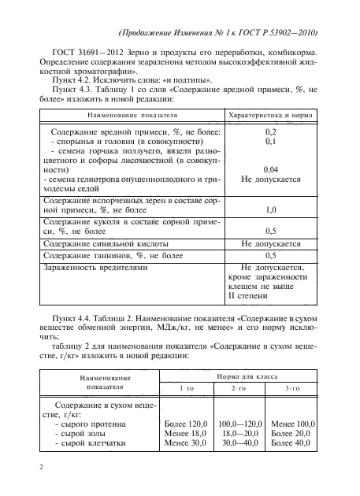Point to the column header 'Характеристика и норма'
pyautogui.click(x=270, y=115)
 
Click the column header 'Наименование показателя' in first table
pyautogui.click(x=121, y=115)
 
